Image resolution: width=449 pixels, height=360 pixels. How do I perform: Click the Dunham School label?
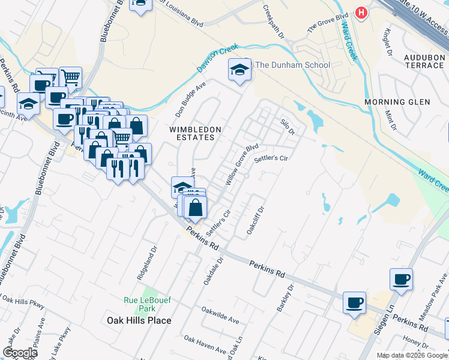293,65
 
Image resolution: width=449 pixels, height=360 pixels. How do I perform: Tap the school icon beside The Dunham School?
240,70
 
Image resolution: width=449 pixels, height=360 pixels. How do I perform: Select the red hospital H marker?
361,12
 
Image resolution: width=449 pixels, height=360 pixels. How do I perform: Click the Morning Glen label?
397,102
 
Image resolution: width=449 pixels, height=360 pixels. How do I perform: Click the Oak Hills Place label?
139,320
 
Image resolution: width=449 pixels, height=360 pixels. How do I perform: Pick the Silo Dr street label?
288,126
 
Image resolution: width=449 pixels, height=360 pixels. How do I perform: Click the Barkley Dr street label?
286,298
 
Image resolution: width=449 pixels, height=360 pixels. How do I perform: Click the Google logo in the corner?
20,353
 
